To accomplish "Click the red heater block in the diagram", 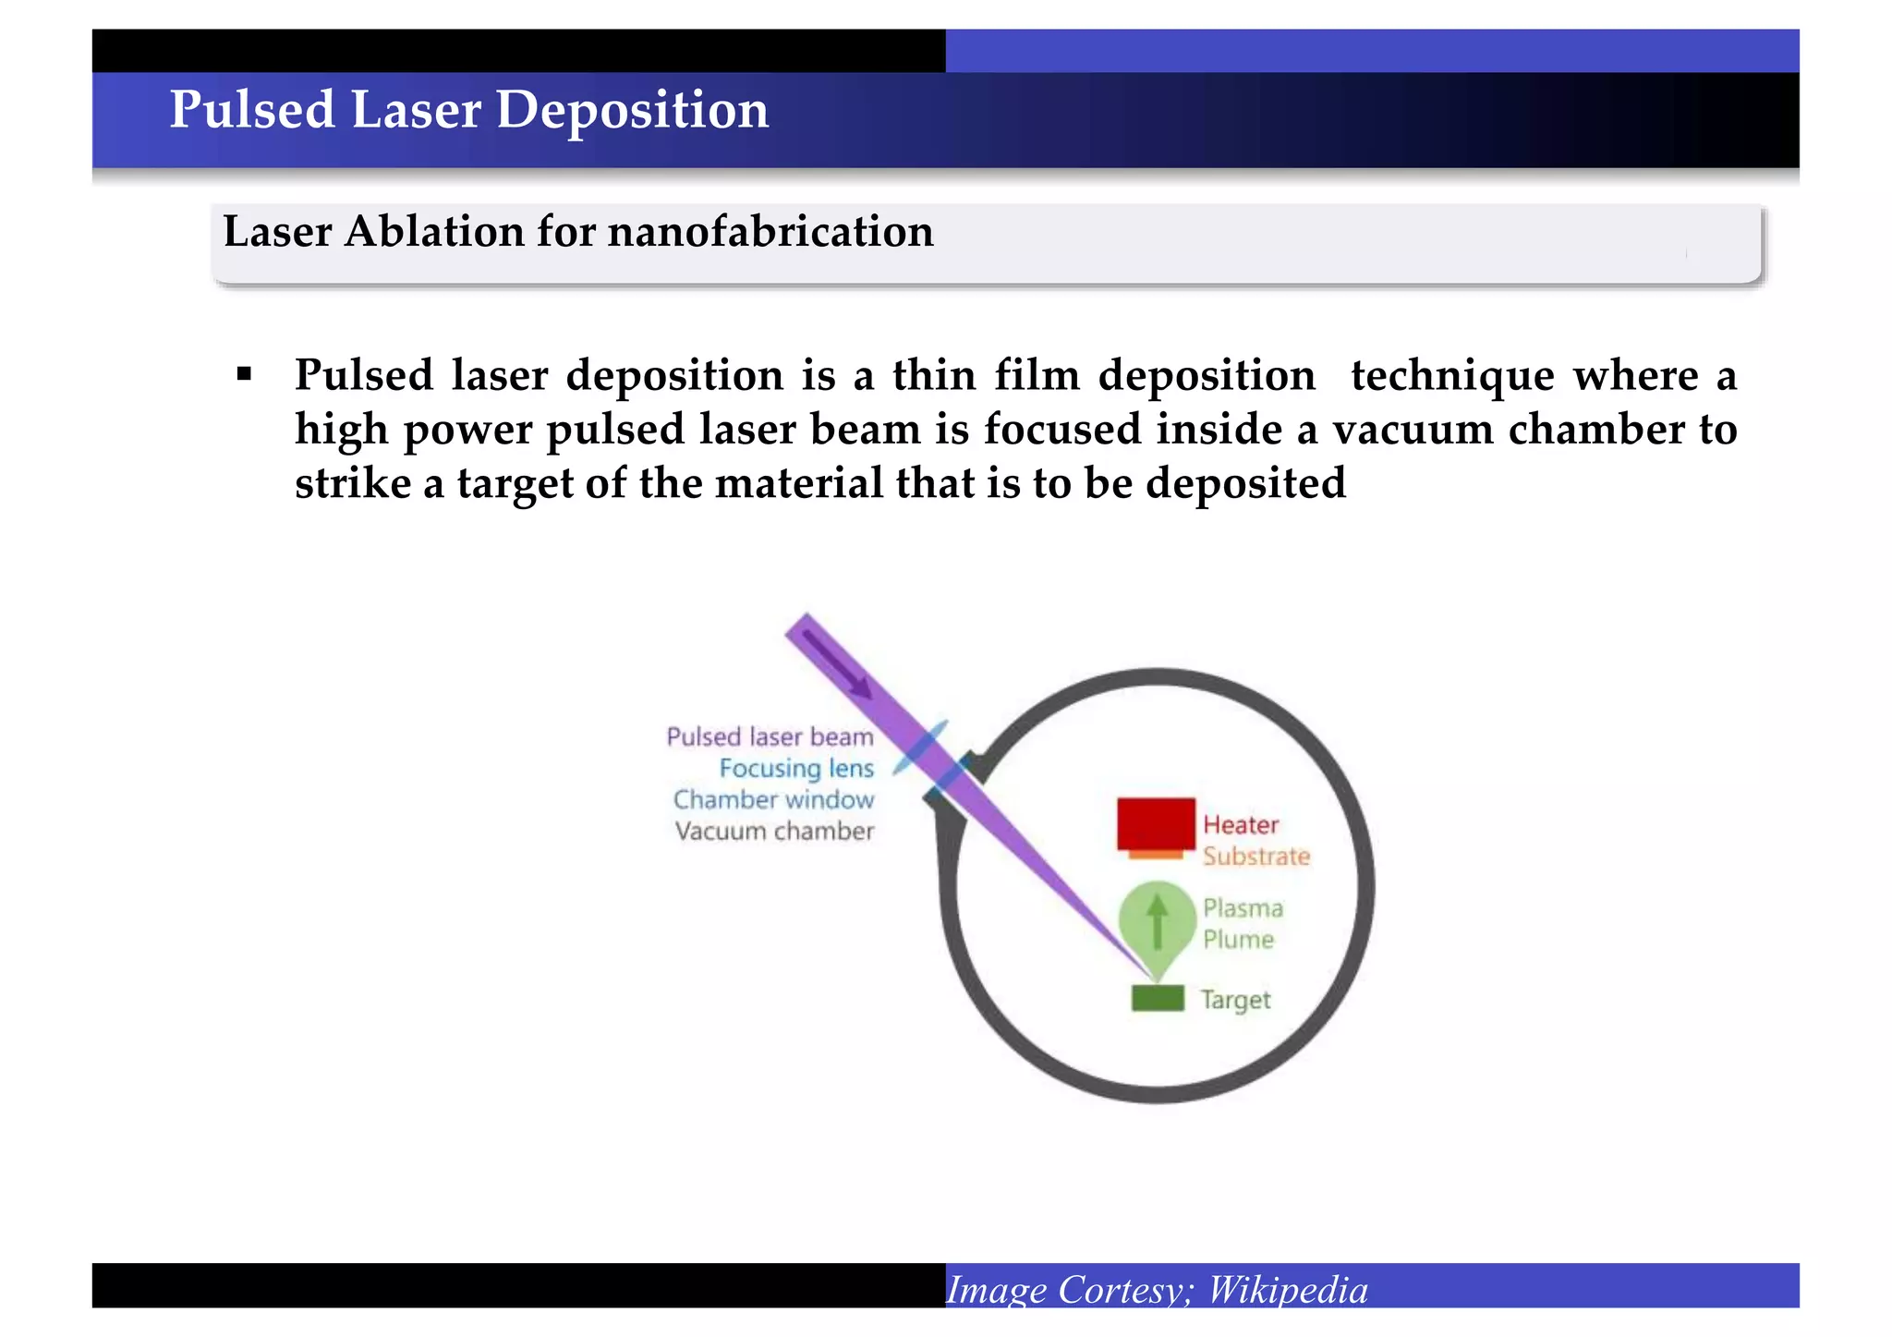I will tap(1156, 823).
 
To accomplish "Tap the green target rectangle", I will tap(1158, 998).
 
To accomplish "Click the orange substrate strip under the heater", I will tap(1156, 855).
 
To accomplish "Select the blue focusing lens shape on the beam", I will tap(921, 748).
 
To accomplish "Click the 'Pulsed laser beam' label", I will tap(770, 737).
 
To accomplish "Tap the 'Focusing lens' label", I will tap(796, 769).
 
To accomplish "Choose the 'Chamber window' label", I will tap(773, 800).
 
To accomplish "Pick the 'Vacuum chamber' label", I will tap(774, 832).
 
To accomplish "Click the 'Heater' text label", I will tap(1241, 825).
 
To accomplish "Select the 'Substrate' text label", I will tap(1256, 857).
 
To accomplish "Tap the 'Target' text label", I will tap(1235, 1000).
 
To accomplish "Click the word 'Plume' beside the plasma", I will tap(1238, 940).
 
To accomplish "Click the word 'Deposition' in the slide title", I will tap(632, 110).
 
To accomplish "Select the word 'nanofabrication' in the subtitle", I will tap(770, 231).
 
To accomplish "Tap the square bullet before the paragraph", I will tap(244, 374).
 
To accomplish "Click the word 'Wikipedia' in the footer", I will tap(1288, 1290).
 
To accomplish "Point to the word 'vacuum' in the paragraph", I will tap(1412, 430).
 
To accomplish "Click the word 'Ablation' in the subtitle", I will tap(433, 231).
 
